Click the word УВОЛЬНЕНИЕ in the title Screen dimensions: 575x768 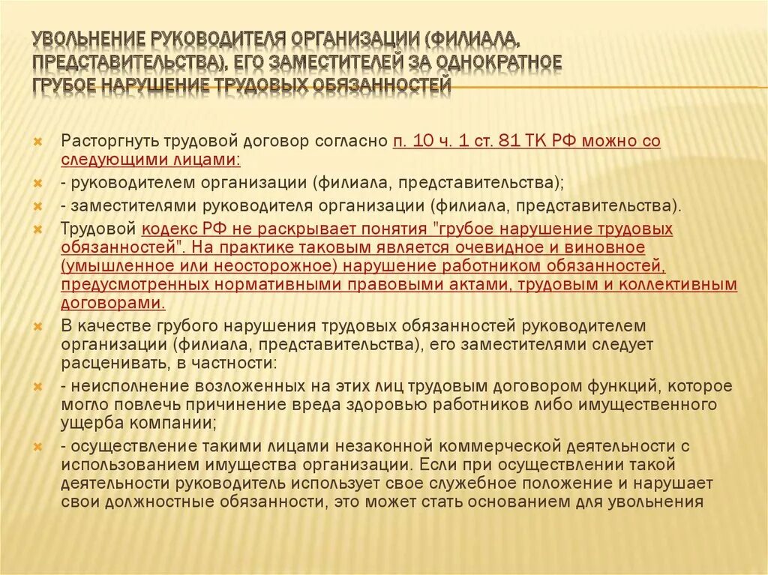tap(88, 38)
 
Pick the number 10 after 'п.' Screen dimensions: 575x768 tap(423, 140)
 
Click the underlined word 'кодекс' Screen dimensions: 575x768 tap(166, 229)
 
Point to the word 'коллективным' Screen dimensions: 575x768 tap(687, 284)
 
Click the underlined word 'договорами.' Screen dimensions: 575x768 tap(113, 303)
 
